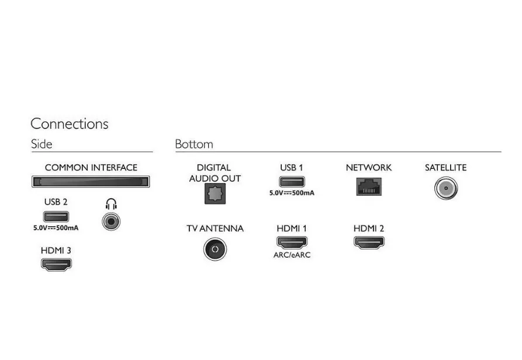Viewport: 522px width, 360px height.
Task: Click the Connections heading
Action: [70, 124]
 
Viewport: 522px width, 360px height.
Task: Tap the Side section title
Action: [42, 144]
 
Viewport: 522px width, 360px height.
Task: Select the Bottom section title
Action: [194, 144]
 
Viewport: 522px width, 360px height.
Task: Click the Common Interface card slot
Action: [91, 182]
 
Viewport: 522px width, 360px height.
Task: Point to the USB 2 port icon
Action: [56, 217]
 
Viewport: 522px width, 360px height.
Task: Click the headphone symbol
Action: [111, 204]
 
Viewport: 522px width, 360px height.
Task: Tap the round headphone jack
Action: [111, 221]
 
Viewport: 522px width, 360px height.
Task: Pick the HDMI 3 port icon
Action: [56, 265]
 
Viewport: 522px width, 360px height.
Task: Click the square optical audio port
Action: [215, 193]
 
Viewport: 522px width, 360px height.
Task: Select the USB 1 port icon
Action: [292, 182]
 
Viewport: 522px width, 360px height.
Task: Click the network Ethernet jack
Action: [369, 186]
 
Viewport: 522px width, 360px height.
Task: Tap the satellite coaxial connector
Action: [446, 188]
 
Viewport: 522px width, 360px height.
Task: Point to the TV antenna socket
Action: [215, 249]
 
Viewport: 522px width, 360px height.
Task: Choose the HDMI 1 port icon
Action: [292, 243]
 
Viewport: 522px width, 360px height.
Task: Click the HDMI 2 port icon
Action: [369, 243]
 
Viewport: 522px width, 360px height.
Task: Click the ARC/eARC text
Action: [292, 255]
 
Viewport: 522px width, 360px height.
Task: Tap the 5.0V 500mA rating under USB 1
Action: [292, 193]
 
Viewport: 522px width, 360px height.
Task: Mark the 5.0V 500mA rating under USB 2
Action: [56, 228]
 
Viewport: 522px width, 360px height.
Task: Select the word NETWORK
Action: [369, 167]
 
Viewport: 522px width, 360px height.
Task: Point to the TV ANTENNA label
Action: [215, 229]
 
